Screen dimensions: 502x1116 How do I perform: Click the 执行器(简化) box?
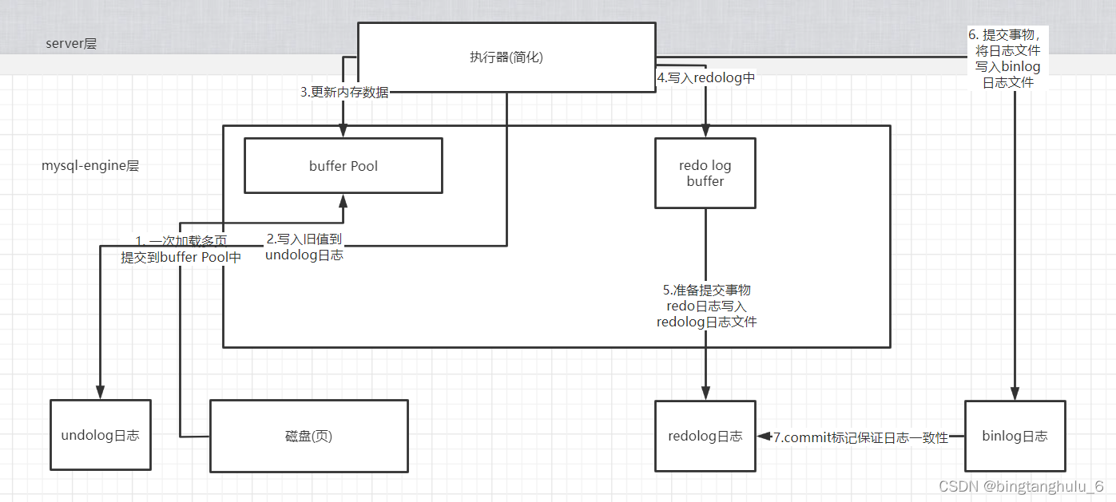506,57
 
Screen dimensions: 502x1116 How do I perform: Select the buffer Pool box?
344,166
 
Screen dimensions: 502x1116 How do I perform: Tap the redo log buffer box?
705,173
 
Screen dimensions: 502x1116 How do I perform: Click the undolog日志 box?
100,435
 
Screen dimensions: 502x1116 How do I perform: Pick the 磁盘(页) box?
308,436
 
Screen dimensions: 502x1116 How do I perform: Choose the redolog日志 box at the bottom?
705,436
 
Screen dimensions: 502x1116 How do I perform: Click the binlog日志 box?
1015,436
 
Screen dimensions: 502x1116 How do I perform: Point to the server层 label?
71,44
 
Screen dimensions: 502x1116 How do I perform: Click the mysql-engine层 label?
90,166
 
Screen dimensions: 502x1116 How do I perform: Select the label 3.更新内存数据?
344,92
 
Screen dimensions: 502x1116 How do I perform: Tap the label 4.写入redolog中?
705,77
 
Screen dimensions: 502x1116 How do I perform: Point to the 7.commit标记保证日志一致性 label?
860,437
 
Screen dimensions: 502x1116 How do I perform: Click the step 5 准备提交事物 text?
706,306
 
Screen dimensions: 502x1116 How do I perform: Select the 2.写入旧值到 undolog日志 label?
304,247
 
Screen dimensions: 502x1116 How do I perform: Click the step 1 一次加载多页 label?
181,248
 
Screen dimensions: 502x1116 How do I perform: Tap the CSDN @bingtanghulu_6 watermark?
1020,486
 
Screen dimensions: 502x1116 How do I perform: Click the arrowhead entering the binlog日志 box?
1015,393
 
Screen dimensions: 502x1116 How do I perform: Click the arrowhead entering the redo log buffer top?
705,132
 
